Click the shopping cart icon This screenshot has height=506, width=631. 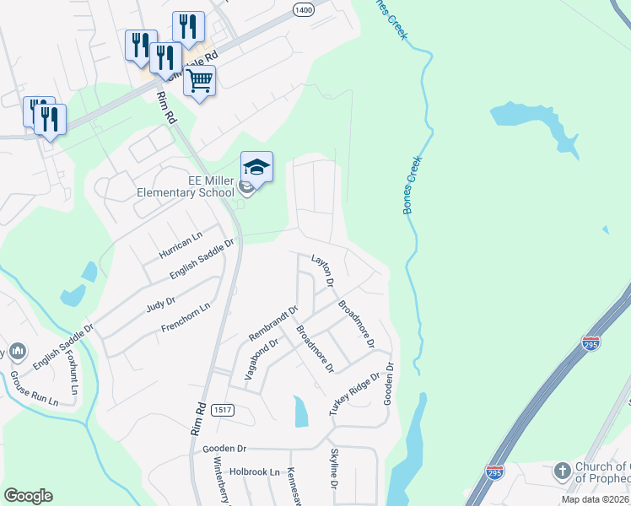point(200,81)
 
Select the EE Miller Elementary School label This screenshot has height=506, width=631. point(186,186)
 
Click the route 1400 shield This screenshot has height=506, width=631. point(304,8)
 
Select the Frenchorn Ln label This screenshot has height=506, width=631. point(181,319)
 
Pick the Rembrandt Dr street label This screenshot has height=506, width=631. point(273,323)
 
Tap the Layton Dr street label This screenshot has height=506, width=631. point(323,270)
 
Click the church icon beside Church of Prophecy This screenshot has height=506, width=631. point(563,471)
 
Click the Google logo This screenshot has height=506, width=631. point(28,496)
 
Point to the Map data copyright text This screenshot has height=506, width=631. point(594,499)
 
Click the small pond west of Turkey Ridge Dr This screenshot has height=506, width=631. point(301,412)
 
